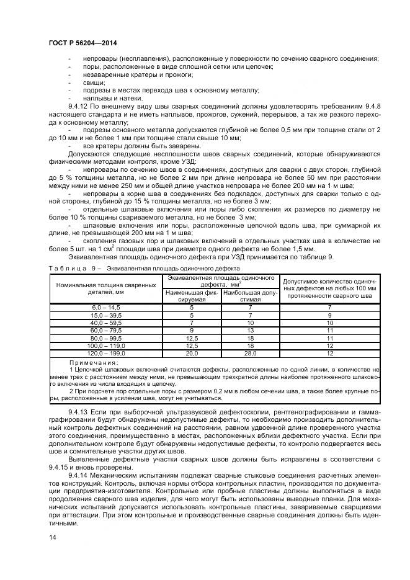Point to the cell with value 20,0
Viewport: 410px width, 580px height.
click(x=192, y=353)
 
